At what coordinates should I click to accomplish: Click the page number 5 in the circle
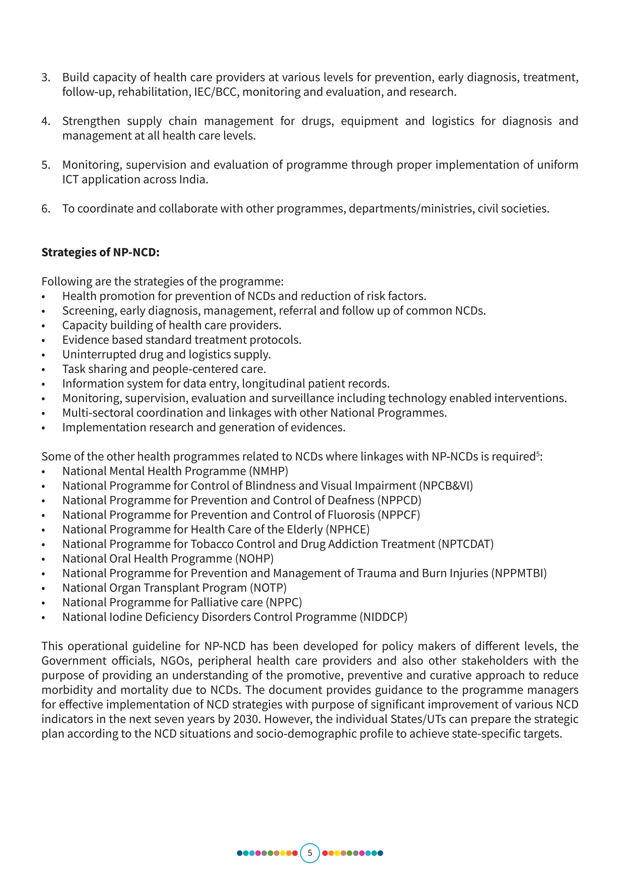[310, 853]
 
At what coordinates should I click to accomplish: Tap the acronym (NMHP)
[270, 471]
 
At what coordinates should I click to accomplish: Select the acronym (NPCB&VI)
[446, 486]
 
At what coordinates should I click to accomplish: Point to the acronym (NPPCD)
[399, 500]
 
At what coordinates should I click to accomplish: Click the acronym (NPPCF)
[399, 515]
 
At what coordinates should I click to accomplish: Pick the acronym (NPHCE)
[348, 529]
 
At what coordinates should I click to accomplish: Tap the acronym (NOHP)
[254, 559]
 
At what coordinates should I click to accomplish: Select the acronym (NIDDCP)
[384, 617]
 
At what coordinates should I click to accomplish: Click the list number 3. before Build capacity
[46, 78]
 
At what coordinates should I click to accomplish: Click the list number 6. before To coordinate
[46, 209]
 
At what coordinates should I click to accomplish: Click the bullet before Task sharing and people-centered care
[44, 370]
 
